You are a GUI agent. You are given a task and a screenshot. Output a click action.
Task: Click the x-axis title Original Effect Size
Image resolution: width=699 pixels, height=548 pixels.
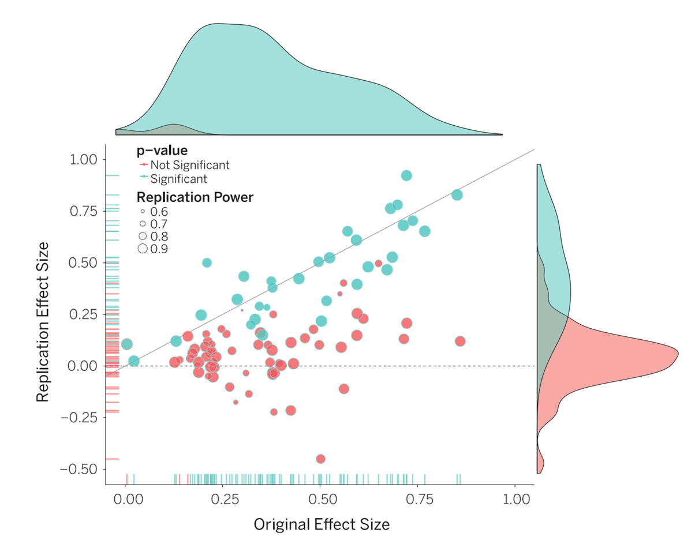[322, 524]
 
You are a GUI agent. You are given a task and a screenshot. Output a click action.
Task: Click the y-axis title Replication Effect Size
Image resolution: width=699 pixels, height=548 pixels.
[43, 322]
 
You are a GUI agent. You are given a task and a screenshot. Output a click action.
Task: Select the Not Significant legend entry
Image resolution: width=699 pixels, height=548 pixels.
[189, 165]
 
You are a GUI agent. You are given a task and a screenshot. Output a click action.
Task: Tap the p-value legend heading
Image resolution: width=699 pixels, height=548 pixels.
[162, 151]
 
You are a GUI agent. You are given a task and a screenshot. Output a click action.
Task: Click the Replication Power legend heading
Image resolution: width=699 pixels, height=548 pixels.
[195, 197]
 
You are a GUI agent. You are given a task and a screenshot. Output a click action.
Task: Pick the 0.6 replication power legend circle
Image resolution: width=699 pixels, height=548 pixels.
[143, 212]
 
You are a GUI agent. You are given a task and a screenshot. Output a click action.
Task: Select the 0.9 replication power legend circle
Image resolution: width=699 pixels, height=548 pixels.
[143, 249]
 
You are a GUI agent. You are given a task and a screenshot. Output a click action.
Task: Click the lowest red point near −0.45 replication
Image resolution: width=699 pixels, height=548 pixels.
[320, 459]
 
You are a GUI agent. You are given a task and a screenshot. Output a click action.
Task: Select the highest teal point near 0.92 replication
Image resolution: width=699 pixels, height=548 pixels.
[406, 176]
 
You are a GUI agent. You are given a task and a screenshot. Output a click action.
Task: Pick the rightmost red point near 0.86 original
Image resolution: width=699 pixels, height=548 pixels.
[460, 341]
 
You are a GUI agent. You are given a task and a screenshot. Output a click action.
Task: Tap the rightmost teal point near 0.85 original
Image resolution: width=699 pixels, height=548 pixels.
[457, 195]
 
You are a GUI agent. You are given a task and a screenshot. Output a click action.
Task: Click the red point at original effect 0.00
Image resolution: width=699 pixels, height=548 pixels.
[127, 344]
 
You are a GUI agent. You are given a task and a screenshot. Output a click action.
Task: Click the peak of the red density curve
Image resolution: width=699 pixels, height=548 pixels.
[677, 353]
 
